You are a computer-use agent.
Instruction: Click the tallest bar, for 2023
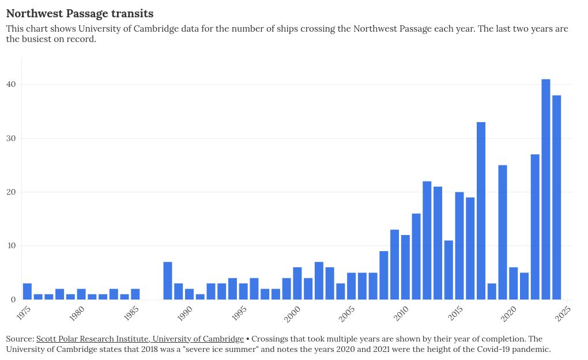(x=545, y=190)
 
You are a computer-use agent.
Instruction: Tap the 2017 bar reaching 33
(x=481, y=211)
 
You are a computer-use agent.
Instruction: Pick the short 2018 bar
(x=492, y=291)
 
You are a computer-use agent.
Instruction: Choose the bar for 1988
(x=168, y=281)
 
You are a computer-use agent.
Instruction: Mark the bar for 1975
(x=27, y=291)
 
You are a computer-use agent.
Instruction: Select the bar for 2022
(x=535, y=227)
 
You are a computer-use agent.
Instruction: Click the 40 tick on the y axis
(x=12, y=85)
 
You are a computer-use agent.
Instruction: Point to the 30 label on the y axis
(x=12, y=138)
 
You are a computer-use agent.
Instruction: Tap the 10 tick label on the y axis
(x=12, y=246)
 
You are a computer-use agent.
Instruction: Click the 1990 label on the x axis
(x=185, y=313)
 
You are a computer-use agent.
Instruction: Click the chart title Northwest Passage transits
(x=80, y=13)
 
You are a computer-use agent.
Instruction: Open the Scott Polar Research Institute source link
(x=140, y=339)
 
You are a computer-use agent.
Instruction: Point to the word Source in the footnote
(x=19, y=339)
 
